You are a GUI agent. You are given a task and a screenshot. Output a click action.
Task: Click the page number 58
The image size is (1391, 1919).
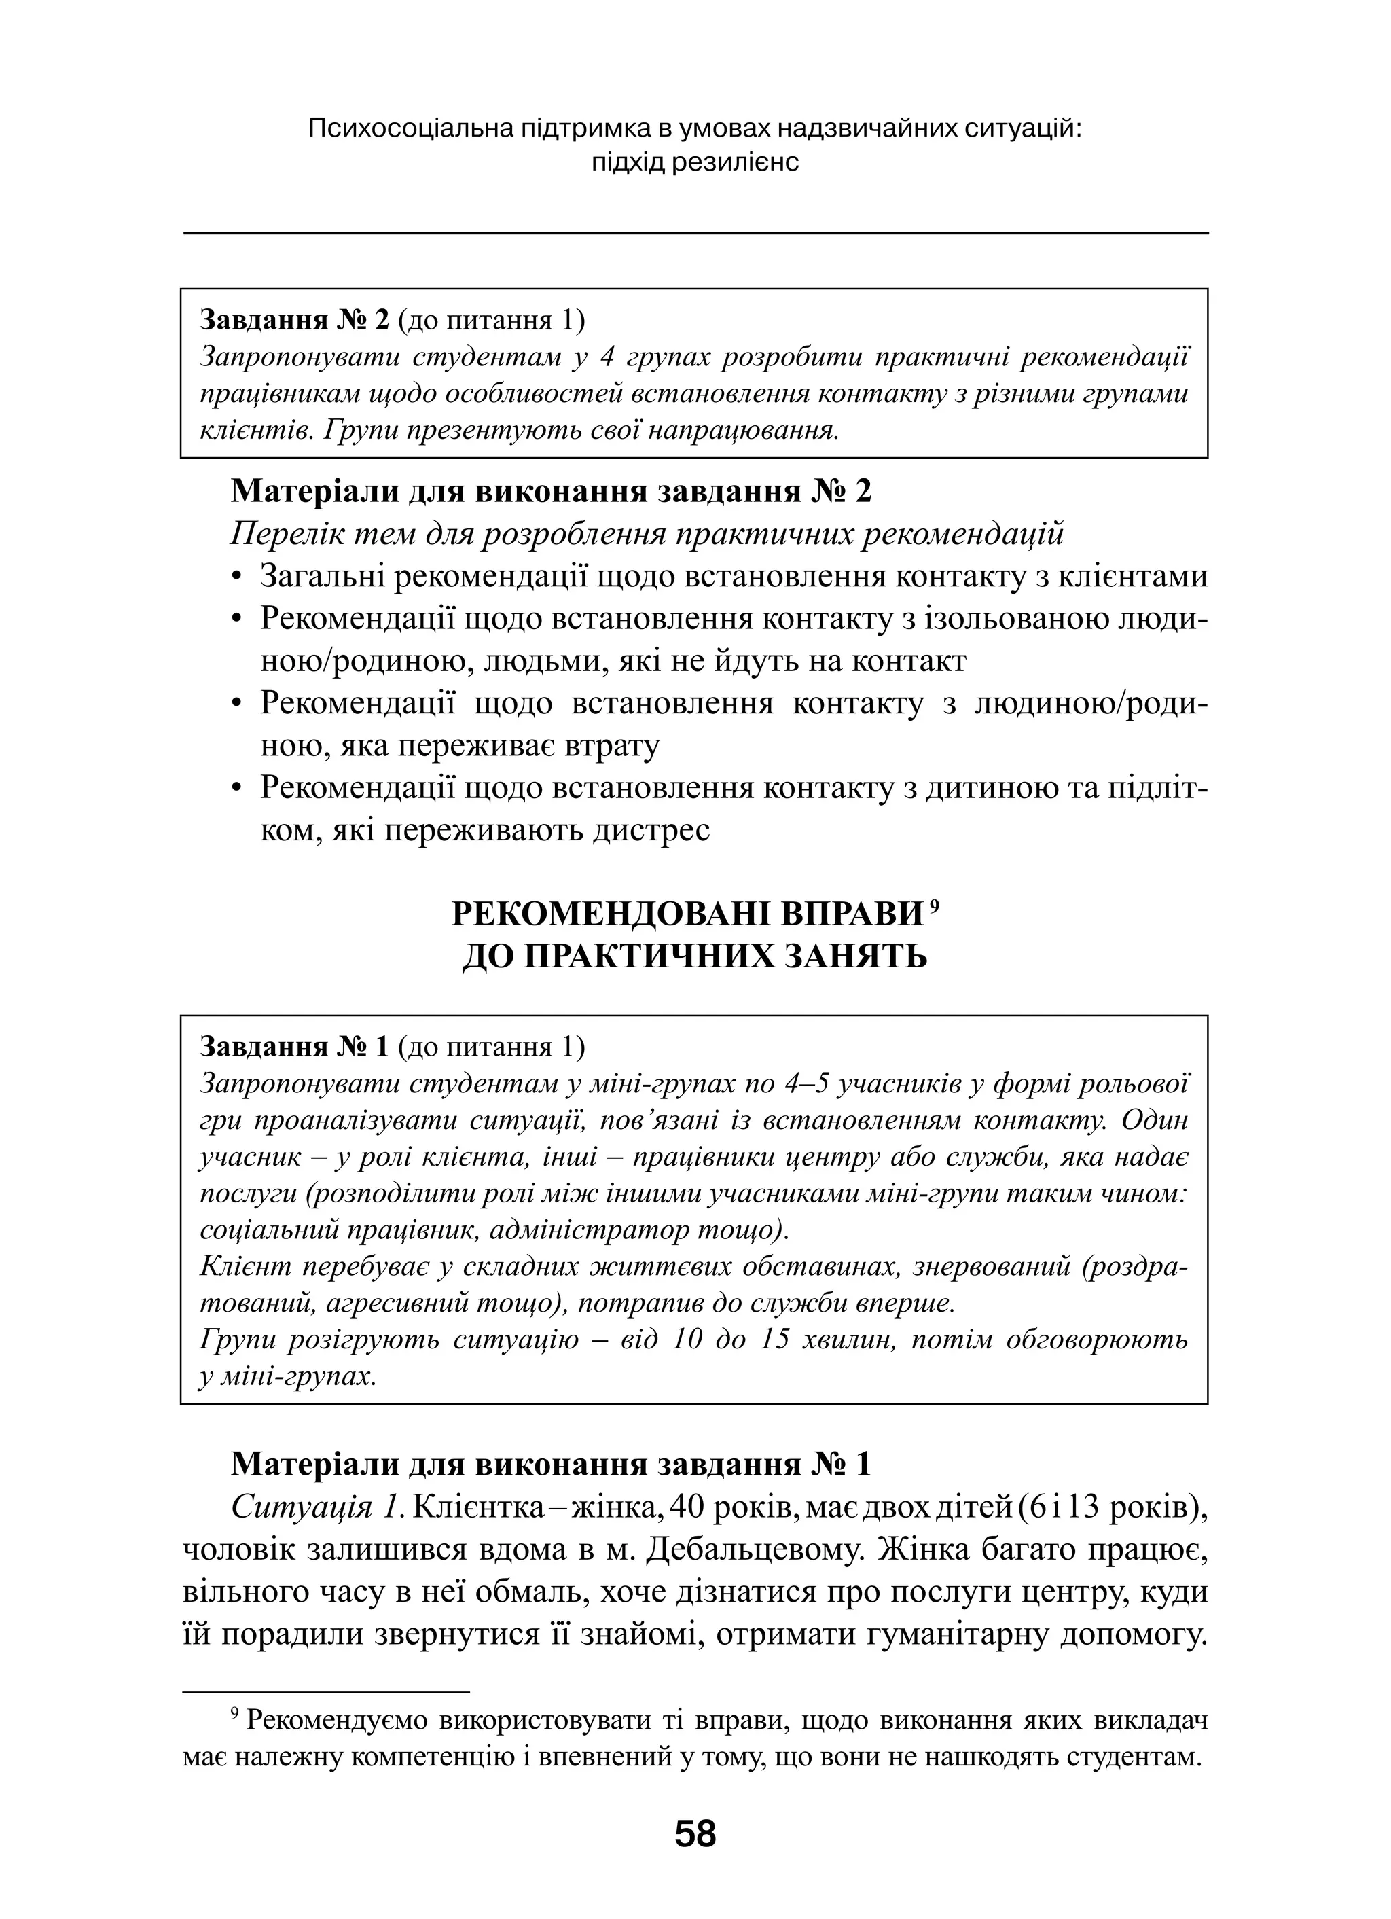695,1833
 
